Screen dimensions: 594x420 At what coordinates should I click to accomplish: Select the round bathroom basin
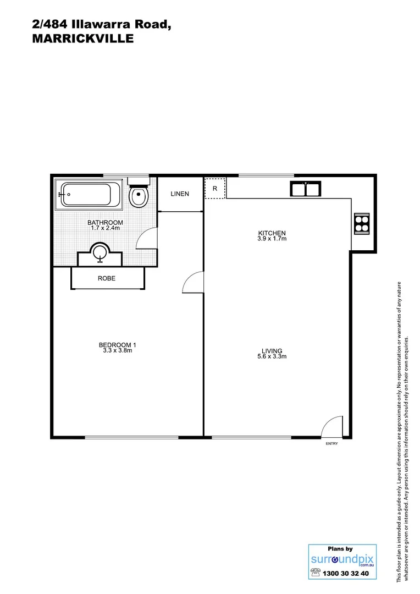[100, 253]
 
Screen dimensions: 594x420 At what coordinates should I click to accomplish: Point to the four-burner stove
[362, 223]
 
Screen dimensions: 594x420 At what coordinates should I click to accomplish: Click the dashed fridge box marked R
[215, 188]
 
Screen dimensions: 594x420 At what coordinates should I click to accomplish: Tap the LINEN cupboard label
[180, 194]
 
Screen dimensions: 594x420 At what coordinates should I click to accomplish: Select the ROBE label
[107, 278]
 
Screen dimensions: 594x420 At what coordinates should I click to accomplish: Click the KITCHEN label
[272, 233]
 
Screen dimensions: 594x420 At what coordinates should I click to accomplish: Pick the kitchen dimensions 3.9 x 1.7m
[272, 239]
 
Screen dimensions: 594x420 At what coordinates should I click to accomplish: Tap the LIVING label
[272, 351]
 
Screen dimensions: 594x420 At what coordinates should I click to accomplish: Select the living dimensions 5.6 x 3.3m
[272, 356]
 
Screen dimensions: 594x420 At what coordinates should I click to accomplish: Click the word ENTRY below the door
[331, 443]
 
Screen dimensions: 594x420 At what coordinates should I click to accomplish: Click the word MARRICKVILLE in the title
[82, 39]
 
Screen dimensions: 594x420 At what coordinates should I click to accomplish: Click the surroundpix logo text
[335, 559]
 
